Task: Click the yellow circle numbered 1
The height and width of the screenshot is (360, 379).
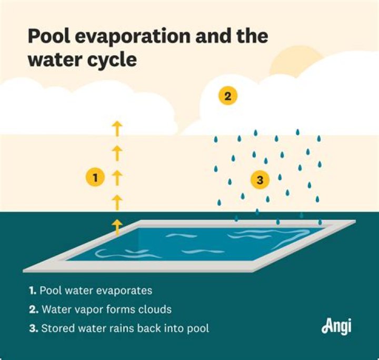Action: tap(95, 178)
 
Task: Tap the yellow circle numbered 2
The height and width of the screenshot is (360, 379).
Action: tap(228, 96)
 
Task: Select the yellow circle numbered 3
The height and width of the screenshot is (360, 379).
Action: tap(260, 180)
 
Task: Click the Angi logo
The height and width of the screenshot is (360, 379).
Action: tap(336, 326)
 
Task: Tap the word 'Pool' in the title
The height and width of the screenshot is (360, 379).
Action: tap(49, 36)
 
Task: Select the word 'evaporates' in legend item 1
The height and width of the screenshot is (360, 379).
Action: tap(124, 291)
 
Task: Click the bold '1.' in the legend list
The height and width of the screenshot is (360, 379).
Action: tap(33, 290)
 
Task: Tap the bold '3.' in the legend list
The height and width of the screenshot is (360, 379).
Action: tap(34, 328)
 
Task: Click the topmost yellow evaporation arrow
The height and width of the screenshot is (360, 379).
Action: tap(117, 128)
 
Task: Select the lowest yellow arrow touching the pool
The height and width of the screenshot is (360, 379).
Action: tap(117, 227)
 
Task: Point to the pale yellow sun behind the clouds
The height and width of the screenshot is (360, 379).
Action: tap(295, 61)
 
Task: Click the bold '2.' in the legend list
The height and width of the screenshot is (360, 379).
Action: tap(34, 309)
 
